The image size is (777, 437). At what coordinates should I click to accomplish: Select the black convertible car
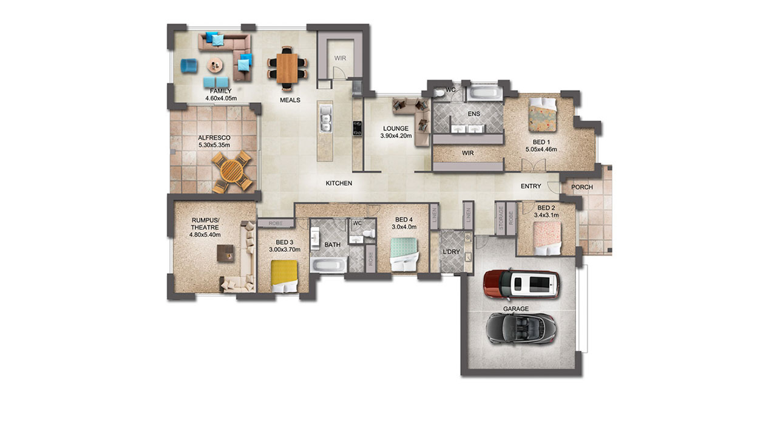click(521, 328)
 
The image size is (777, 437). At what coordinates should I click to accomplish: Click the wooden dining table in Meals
click(287, 68)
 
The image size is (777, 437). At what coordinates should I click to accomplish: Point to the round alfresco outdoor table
click(232, 172)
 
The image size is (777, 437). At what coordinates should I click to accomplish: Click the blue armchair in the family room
click(189, 66)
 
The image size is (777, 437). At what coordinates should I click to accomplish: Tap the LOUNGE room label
click(396, 128)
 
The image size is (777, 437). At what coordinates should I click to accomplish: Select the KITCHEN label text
click(339, 183)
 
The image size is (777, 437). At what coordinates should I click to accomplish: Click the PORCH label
click(582, 187)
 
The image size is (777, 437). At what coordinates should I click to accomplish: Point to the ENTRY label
click(531, 186)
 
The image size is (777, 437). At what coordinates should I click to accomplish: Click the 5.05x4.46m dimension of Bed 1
click(541, 149)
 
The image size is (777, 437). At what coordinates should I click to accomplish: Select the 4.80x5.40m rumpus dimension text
click(205, 234)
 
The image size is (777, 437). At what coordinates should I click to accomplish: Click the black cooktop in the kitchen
click(358, 127)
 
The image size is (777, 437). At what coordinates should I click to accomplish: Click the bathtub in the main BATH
click(329, 265)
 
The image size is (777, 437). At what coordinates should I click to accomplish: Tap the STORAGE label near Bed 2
click(501, 218)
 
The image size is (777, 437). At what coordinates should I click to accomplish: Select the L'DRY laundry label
click(451, 252)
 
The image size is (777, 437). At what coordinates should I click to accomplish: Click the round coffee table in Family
click(215, 65)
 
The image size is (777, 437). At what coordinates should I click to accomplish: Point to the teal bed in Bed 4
click(404, 254)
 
